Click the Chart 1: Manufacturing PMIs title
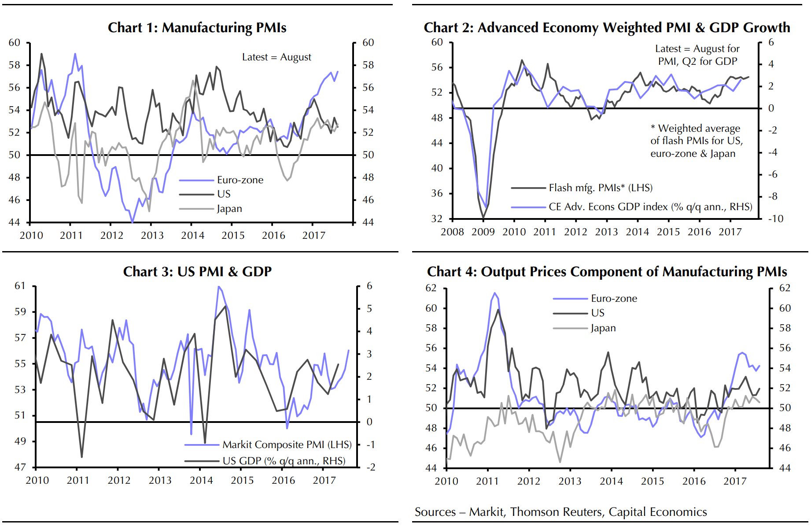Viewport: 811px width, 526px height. (197, 28)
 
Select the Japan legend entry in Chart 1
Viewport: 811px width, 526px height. (229, 209)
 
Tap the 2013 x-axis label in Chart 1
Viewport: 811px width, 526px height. (152, 236)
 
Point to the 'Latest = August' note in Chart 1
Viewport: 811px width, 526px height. (276, 57)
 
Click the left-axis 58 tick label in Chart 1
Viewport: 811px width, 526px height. (15, 65)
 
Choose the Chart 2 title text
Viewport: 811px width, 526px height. (607, 28)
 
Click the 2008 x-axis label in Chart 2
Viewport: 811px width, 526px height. (452, 232)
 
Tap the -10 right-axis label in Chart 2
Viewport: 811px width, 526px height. (775, 219)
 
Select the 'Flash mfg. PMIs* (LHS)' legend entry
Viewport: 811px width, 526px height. (601, 188)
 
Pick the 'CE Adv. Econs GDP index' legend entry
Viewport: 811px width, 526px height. (650, 207)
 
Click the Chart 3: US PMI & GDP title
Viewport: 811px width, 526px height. (197, 272)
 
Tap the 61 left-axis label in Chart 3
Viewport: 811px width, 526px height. (20, 286)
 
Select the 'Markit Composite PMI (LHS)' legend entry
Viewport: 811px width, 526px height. (287, 445)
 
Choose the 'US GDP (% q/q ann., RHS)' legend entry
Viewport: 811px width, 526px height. (284, 461)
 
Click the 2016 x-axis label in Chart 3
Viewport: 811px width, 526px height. (283, 481)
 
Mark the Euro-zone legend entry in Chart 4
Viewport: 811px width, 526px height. (614, 299)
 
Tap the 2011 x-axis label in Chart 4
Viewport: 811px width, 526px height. (487, 482)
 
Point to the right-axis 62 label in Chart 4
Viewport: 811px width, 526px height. (785, 288)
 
